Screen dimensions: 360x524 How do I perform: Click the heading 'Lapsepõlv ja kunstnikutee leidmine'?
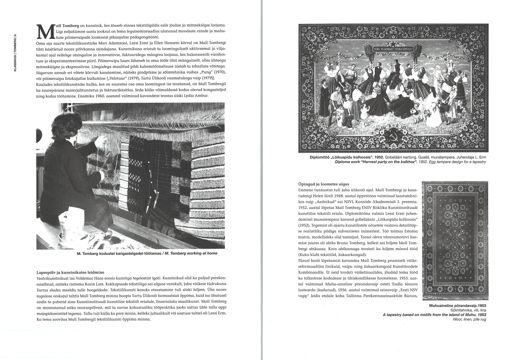coord(70,272)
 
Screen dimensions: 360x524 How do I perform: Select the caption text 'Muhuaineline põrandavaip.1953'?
coord(457,306)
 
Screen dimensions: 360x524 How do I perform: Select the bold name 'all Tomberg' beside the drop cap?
coord(67,26)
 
